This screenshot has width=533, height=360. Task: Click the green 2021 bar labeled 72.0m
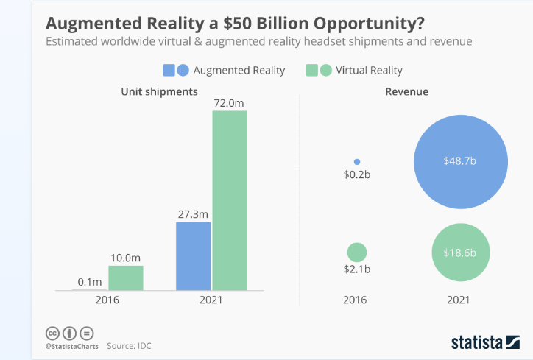point(230,200)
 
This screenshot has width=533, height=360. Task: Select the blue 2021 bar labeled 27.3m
point(193,255)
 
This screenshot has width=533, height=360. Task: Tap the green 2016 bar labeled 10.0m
point(126,278)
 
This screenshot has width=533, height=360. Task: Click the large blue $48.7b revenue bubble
point(460,162)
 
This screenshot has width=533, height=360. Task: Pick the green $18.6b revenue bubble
point(461,252)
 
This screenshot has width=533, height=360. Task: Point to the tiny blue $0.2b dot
point(357,161)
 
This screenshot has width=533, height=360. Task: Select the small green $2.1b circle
point(357,252)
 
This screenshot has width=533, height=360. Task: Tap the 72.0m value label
point(229,103)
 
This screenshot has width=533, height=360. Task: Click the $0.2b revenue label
point(357,176)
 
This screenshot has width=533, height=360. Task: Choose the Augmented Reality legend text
point(239,70)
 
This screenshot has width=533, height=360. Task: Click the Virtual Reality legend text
point(369,70)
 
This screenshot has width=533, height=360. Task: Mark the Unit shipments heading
point(160,92)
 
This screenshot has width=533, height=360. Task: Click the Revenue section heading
point(407,92)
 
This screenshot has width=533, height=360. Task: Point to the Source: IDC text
point(129,345)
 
